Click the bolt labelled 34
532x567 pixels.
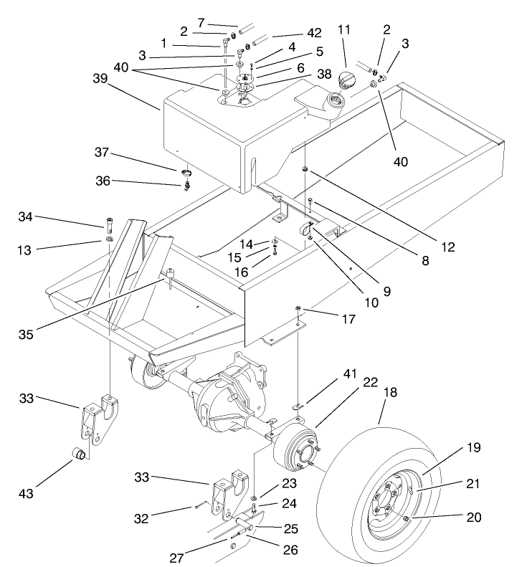pos(108,221)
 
